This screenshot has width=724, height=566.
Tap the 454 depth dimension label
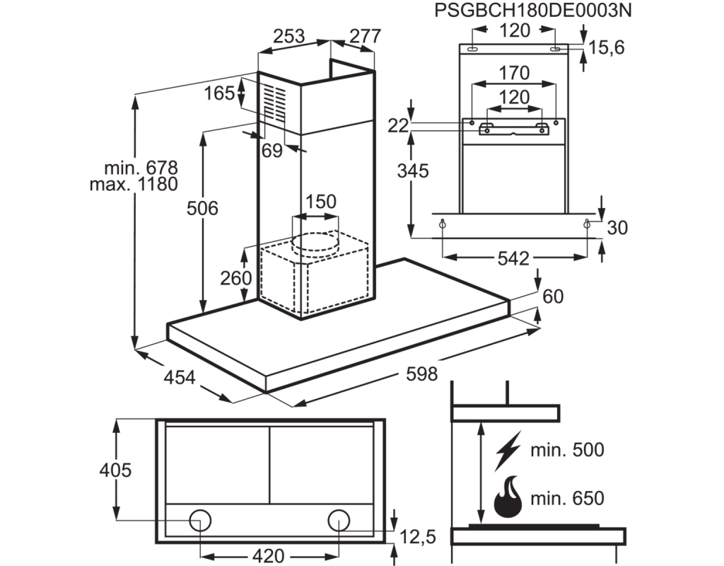(178, 377)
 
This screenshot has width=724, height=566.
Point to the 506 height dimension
(203, 208)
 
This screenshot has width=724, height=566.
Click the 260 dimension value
(235, 278)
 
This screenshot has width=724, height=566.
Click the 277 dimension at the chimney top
(365, 37)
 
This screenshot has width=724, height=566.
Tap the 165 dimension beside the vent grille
(220, 93)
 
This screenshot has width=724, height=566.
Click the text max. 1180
(134, 185)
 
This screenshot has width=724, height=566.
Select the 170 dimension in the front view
(514, 73)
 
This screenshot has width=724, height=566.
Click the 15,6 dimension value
(609, 47)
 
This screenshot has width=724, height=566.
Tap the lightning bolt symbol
(508, 449)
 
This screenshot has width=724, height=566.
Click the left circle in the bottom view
(200, 520)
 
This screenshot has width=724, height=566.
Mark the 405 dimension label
(116, 470)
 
